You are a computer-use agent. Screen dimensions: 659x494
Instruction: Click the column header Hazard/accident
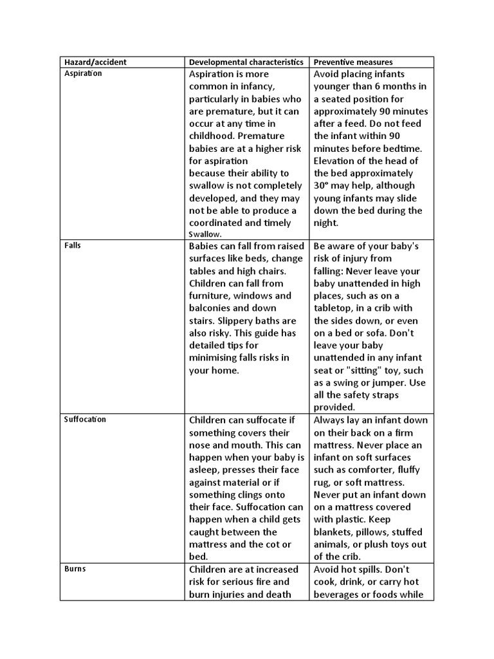click(95, 62)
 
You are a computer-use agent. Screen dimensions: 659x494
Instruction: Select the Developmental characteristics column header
click(245, 62)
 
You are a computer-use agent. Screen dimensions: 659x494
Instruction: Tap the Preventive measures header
click(352, 62)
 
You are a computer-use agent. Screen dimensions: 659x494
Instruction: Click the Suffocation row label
click(85, 419)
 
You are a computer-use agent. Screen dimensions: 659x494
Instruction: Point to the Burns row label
click(75, 570)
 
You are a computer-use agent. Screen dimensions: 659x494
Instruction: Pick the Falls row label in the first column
click(73, 246)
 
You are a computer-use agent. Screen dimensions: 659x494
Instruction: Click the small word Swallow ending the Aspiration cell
click(205, 235)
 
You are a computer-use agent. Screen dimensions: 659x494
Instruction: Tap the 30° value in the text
click(322, 185)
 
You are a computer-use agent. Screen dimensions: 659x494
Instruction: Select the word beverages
click(338, 595)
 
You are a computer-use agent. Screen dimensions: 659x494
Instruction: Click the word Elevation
click(337, 161)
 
